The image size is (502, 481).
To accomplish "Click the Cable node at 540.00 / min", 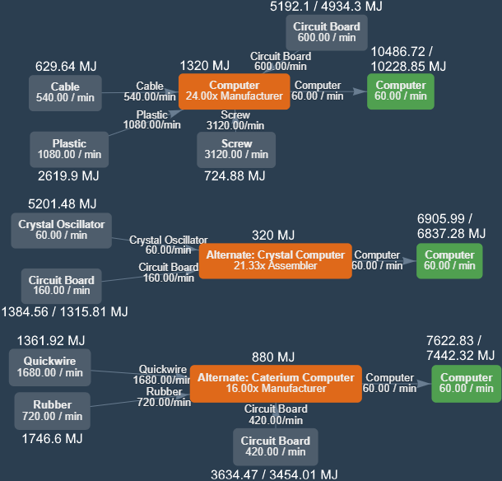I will pos(65,92).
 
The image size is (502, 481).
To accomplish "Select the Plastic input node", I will pos(69,149).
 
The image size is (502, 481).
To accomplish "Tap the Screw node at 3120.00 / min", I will pos(236,149).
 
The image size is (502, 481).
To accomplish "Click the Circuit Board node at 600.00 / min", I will pos(326,32).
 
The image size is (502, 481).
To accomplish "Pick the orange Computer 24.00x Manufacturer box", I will pos(235,91).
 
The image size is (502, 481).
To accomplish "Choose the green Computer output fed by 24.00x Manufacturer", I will pos(401,91).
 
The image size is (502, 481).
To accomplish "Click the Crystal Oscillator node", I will pos(61,230).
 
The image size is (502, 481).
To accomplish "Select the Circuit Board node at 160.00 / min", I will pos(61,285).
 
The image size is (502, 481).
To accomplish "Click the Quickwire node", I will pos(50,367).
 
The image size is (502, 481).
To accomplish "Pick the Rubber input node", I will pos(52,410).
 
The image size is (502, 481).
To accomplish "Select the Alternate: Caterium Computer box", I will pos(276,383).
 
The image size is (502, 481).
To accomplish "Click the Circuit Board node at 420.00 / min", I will pos(275,446).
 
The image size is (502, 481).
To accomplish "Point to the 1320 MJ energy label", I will pos(205,66).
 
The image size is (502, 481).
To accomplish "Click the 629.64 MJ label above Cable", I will pos(67,66).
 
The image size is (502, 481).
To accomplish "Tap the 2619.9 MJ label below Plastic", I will pos(68,175).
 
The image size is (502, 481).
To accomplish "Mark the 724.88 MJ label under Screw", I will pos(235,175).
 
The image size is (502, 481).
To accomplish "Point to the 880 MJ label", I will pos(273,357).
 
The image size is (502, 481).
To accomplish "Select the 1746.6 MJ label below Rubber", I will pos(52,438).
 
